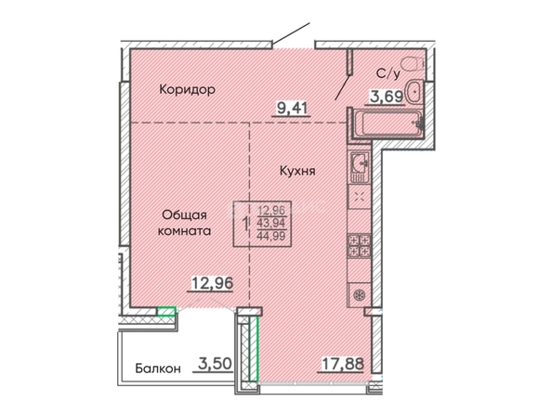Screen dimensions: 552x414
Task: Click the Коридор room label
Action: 187,89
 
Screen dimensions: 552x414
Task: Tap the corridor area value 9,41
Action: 292,108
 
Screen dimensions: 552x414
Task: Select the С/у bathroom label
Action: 388,74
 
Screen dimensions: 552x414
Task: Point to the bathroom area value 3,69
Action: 386,96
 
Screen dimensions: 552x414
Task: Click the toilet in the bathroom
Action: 413,64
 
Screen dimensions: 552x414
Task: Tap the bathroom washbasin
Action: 414,92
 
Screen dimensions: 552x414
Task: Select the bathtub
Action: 388,123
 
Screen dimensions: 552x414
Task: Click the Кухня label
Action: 297,171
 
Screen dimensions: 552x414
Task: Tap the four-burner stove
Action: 359,245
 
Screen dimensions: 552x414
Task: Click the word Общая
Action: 184,215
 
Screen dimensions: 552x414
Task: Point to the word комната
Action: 184,231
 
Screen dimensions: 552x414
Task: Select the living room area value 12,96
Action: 212,283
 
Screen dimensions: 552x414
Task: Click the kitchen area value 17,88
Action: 343,364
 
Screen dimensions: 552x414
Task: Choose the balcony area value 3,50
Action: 215,364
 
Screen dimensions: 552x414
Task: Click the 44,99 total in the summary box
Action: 271,236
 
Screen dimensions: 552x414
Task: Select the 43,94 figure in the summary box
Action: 271,223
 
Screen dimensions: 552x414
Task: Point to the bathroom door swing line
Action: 342,87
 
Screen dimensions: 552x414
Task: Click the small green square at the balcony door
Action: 166,311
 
